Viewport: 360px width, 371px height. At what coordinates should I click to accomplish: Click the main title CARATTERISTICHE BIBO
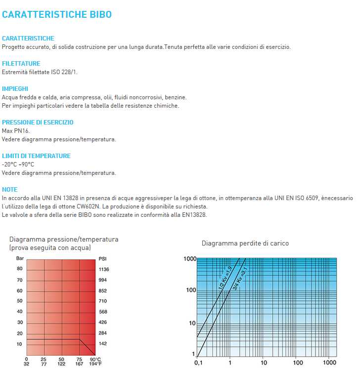[x=57, y=15]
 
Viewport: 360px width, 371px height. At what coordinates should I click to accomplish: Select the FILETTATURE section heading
[x=21, y=64]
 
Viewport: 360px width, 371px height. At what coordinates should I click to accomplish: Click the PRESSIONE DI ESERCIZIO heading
[x=38, y=123]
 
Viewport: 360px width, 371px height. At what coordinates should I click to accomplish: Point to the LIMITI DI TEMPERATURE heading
[x=36, y=156]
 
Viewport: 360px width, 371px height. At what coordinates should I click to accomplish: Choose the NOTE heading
[x=10, y=190]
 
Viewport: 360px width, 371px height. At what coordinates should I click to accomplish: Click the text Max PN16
[x=16, y=131]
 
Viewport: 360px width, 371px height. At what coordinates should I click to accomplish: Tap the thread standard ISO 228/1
[x=64, y=72]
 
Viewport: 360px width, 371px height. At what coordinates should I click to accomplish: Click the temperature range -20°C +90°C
[x=18, y=165]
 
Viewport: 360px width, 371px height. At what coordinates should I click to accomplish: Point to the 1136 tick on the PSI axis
[x=104, y=270]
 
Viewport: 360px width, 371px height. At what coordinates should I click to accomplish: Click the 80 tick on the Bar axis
[x=20, y=269]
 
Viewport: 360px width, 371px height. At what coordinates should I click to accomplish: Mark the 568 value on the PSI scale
[x=103, y=312]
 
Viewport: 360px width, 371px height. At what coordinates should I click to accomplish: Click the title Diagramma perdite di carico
[x=245, y=244]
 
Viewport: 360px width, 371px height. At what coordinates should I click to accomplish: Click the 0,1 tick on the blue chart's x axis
[x=198, y=363]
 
